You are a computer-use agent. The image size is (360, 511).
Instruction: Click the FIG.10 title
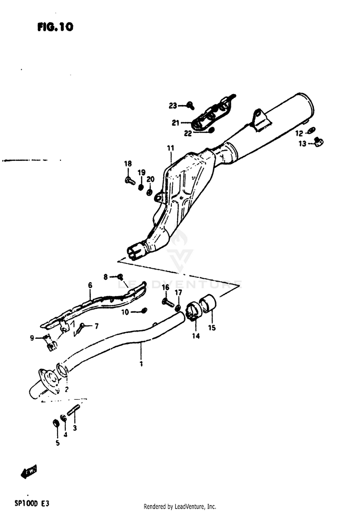55,27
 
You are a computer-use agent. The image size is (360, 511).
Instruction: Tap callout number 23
173,105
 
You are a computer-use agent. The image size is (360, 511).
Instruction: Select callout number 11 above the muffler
170,148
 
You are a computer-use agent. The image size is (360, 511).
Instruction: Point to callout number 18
127,164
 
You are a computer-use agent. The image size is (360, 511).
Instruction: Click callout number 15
212,328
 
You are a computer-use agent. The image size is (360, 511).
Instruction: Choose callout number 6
89,285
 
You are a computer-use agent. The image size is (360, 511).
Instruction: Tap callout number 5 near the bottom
57,443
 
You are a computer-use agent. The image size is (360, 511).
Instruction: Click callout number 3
74,428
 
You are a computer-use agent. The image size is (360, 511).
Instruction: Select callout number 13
302,143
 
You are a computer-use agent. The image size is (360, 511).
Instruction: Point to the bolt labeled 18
129,181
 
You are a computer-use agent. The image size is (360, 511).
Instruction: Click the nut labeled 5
56,423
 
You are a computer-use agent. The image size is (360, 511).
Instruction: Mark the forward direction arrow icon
29,472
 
